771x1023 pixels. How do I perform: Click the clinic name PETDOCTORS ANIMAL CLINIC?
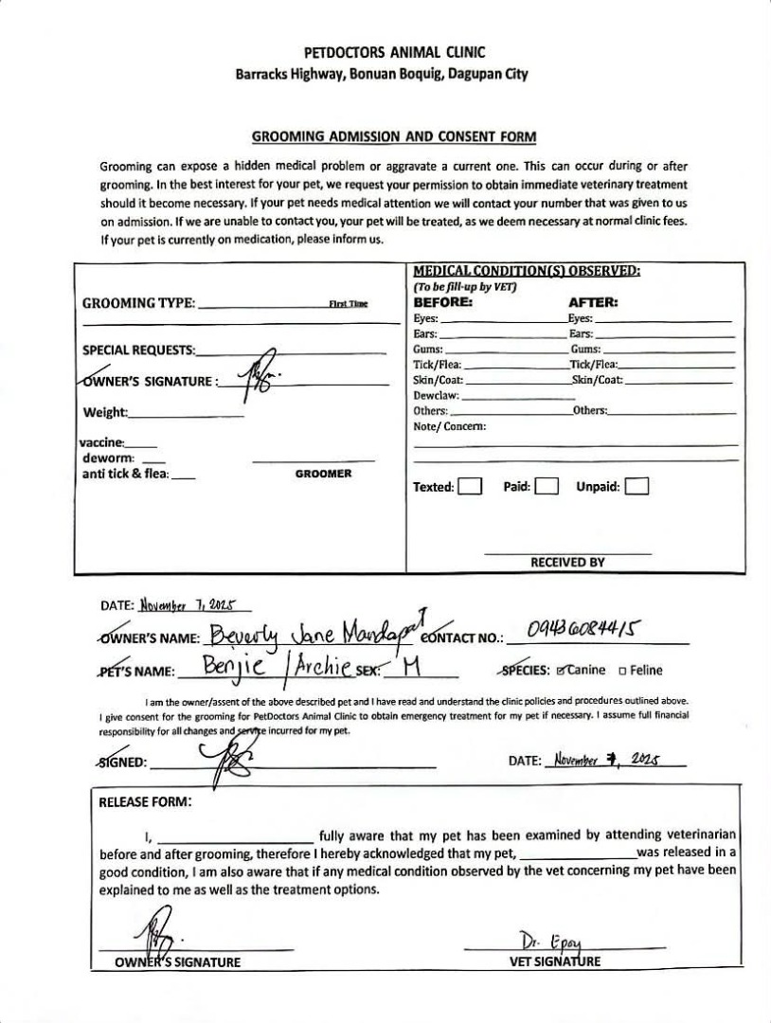coord(394,53)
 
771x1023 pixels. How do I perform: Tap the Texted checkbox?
coord(471,488)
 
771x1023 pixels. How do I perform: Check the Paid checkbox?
coord(546,488)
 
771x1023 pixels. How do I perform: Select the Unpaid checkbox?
coord(637,488)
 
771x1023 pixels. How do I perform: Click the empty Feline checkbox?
coord(622,671)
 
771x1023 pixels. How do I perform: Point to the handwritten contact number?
coord(583,629)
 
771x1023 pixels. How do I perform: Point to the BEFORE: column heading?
coord(442,302)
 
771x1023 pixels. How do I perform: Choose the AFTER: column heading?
coord(593,302)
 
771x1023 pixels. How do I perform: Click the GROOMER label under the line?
coord(323,474)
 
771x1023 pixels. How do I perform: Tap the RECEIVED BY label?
coord(567,563)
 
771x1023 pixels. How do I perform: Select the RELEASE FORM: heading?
coord(146,801)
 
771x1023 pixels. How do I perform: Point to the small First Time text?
coord(348,303)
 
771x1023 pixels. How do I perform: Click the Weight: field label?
coord(105,412)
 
